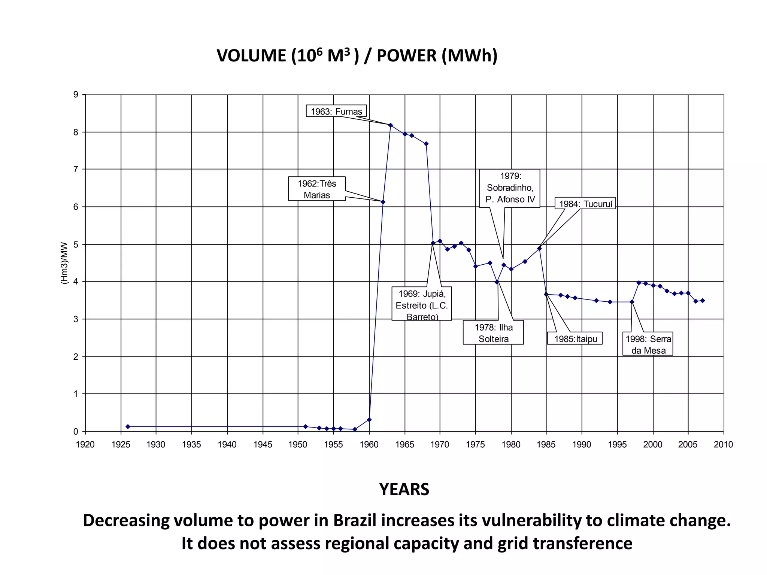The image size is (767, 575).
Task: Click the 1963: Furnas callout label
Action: [x=336, y=111]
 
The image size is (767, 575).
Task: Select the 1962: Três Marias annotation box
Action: [x=317, y=189]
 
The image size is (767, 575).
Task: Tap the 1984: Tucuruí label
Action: [x=585, y=204]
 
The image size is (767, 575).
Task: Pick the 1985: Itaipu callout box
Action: [x=575, y=339]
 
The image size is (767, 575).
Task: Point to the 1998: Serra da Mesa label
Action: [x=648, y=344]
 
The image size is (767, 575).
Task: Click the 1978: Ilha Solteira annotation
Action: [x=493, y=333]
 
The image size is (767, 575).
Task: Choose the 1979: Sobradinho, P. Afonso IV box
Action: [x=510, y=188]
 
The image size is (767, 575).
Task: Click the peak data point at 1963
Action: [x=391, y=125]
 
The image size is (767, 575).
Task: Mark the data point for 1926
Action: [x=128, y=426]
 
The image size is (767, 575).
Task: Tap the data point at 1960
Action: [x=369, y=420]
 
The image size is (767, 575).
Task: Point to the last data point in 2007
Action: [x=703, y=300]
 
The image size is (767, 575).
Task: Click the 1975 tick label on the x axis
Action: [x=475, y=444]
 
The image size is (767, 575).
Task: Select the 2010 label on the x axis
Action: [x=723, y=444]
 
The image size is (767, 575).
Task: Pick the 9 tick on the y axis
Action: [x=76, y=95]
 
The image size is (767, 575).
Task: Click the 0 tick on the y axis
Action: [x=76, y=432]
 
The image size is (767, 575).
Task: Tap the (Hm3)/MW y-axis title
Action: [x=64, y=263]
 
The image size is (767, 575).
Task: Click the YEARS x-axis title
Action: [x=404, y=489]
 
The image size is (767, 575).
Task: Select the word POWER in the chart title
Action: [x=406, y=56]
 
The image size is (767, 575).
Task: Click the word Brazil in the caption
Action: [x=354, y=520]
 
